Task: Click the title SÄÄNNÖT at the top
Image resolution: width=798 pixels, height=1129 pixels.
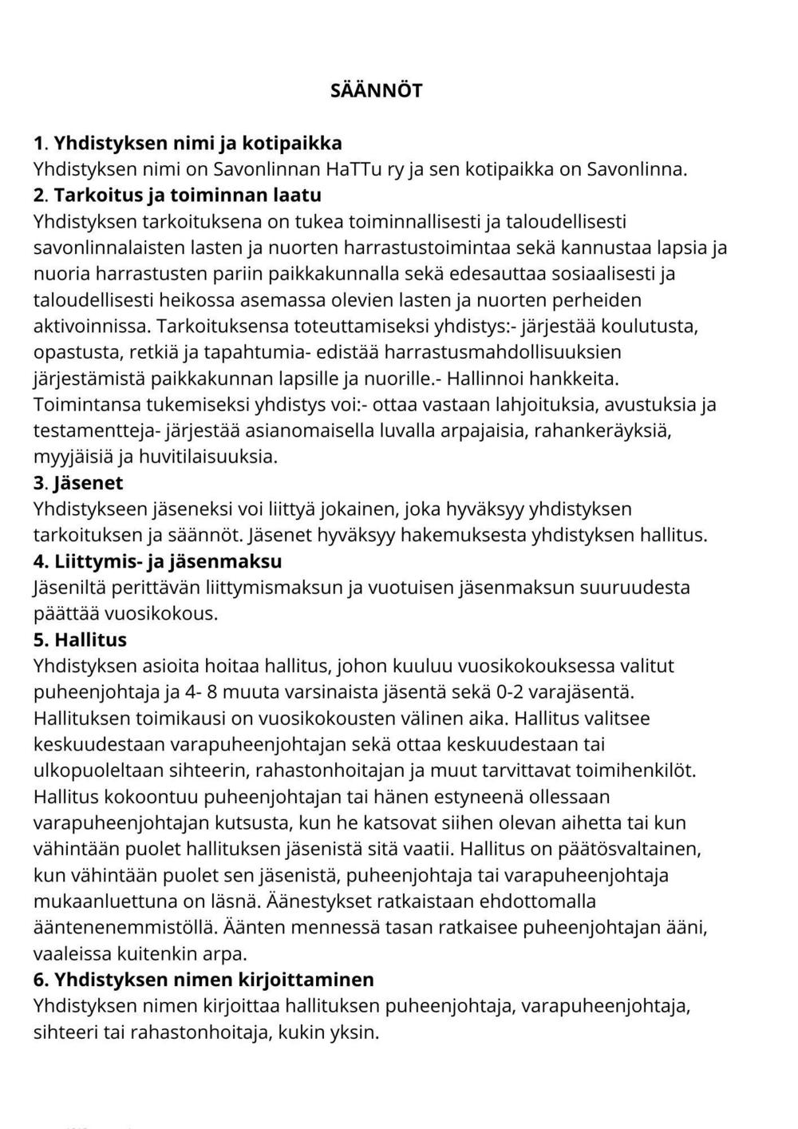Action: [376, 90]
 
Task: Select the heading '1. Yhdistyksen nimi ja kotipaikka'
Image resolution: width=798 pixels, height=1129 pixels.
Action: [188, 143]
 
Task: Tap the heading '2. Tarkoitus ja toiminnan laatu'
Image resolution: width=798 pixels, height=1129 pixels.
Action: [177, 196]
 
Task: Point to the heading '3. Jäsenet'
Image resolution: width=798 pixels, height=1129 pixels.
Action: [78, 483]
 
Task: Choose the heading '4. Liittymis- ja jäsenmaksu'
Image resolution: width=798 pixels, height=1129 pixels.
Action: [157, 561]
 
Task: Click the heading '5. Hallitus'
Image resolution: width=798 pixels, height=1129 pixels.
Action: [80, 640]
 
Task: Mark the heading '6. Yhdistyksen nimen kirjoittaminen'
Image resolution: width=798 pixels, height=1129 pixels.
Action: [203, 979]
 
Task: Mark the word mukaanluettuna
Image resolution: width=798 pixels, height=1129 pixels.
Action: [111, 901]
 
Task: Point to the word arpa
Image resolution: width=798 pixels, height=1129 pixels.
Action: [227, 953]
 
